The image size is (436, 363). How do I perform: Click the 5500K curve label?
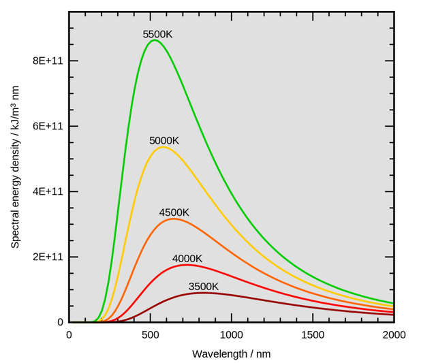(x=157, y=34)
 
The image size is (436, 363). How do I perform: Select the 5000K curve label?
(x=164, y=141)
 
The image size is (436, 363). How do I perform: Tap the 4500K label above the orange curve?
(x=174, y=212)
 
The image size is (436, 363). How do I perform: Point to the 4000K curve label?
(x=187, y=259)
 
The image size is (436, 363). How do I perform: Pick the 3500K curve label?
(x=204, y=287)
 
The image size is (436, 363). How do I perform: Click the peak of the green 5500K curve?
(x=155, y=40)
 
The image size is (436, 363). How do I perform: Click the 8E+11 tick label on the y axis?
(x=47, y=61)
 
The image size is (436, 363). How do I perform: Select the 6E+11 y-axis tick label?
(x=47, y=127)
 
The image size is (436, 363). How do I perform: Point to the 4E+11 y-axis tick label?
(x=47, y=192)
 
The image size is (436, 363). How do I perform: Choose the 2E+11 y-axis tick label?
(x=47, y=257)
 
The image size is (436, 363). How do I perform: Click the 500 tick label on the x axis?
(x=151, y=335)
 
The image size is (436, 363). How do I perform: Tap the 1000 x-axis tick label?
(x=232, y=335)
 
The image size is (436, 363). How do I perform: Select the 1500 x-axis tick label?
(x=313, y=335)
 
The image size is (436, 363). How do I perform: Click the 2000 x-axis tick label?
(x=394, y=335)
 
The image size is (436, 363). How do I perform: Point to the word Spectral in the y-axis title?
(x=15, y=228)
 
